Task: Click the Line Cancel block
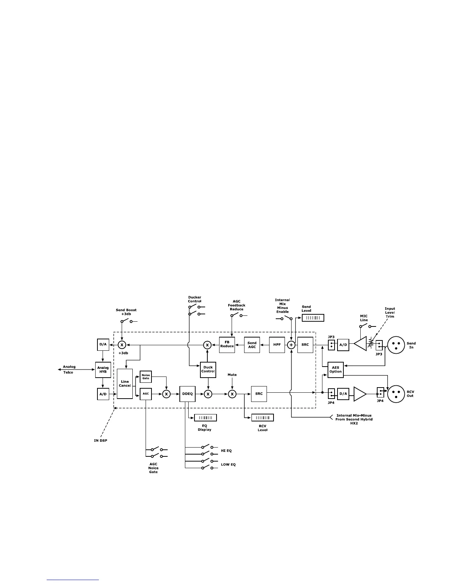pos(125,384)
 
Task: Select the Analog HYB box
pos(103,370)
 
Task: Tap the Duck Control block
pos(208,369)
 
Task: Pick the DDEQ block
pos(187,394)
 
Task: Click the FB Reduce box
pos(227,344)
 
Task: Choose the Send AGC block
pos(252,345)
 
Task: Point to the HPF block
pos(277,345)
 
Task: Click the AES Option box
pos(335,370)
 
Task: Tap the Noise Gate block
pos(146,377)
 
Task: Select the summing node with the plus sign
pos(291,345)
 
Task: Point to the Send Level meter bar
pos(313,318)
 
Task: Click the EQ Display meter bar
pos(205,418)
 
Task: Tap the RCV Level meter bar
pos(262,418)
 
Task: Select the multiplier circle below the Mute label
pos(232,394)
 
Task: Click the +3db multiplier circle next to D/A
pos(122,345)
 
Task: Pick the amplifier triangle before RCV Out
pos(359,394)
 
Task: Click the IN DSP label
pos(100,441)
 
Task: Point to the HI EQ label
pos(226,451)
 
